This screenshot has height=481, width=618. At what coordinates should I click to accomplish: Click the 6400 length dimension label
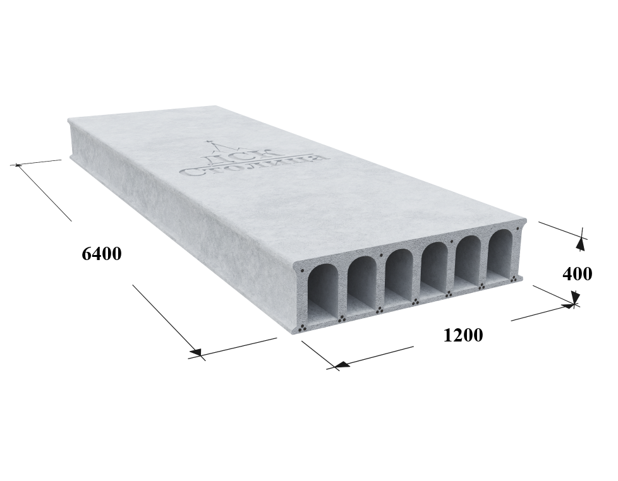tap(101, 254)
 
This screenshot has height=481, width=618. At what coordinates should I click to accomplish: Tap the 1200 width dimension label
tap(463, 335)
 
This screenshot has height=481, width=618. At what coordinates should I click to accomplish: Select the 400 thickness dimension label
tap(577, 273)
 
